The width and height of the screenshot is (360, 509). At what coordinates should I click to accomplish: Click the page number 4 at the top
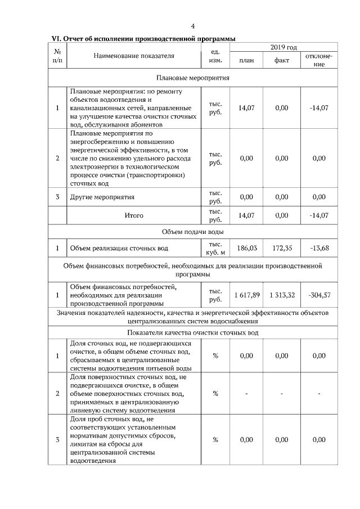pos(193,26)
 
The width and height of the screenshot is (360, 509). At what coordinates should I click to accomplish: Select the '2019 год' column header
pos(283,47)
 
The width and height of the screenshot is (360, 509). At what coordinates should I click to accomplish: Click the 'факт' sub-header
pos(282,60)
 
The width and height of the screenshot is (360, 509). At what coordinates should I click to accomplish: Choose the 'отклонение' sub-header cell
pos(318,60)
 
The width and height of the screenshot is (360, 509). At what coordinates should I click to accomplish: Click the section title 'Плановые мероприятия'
pos(192,78)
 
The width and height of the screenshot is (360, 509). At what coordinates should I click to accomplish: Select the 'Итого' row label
pos(134,215)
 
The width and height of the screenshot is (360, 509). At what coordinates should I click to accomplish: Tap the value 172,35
pos(282,247)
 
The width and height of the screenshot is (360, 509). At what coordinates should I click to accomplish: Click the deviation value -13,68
pos(318,247)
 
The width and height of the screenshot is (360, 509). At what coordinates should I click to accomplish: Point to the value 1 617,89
pos(246,295)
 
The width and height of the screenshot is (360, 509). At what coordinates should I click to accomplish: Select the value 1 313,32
pos(282,295)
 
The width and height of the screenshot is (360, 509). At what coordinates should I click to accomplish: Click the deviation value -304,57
pos(318,295)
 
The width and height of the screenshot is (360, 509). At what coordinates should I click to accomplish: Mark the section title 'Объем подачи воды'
pos(192,232)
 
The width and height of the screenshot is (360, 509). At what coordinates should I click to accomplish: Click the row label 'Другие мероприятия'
pos(102,197)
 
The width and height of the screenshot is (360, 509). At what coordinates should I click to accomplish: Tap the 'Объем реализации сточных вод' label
pos(119,247)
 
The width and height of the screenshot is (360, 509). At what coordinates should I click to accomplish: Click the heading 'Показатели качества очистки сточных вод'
pos(192,333)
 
